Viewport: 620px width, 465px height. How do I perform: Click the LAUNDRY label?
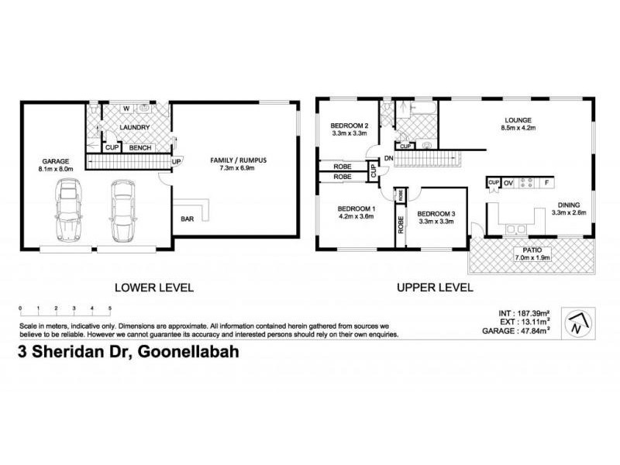[133, 126]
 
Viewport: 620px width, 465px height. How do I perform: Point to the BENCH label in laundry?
[140, 147]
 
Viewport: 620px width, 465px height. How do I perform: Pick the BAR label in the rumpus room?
[188, 219]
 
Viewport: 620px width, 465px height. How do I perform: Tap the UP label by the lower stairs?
[176, 162]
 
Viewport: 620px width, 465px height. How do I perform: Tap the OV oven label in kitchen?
[509, 183]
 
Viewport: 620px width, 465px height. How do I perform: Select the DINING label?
[569, 205]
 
